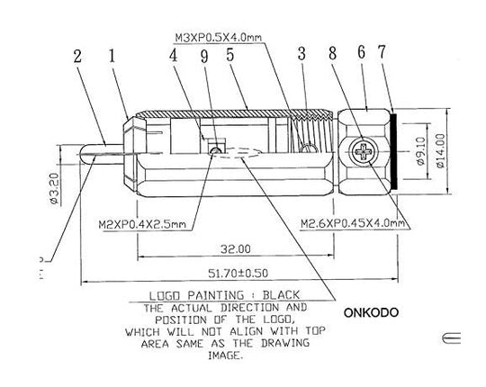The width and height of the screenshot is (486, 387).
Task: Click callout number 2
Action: point(77,57)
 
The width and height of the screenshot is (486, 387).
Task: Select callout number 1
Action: point(112,56)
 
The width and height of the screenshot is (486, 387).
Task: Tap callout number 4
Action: point(174,56)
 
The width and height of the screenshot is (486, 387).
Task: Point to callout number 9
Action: point(204,57)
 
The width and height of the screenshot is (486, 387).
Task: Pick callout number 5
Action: point(230,55)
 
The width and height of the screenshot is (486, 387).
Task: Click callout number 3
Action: point(301,53)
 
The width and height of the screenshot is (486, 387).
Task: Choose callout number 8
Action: point(333,53)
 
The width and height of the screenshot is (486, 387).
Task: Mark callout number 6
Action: point(362,52)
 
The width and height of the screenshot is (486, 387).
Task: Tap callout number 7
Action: point(382,51)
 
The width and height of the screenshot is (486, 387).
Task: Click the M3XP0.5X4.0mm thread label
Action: point(219,38)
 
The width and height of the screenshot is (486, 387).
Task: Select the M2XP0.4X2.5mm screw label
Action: point(142,224)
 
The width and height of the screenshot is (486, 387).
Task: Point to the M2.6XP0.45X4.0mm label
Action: point(353,223)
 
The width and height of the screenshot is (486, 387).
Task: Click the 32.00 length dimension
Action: point(236,248)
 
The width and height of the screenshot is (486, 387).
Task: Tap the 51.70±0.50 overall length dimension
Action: point(238,274)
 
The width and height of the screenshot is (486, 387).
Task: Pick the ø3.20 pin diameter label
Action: point(54,188)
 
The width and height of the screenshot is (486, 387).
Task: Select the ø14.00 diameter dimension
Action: point(440,150)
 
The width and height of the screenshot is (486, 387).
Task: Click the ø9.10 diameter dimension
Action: point(420,151)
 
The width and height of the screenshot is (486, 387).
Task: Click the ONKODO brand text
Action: point(371,312)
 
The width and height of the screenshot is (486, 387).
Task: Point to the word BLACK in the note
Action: point(281,295)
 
